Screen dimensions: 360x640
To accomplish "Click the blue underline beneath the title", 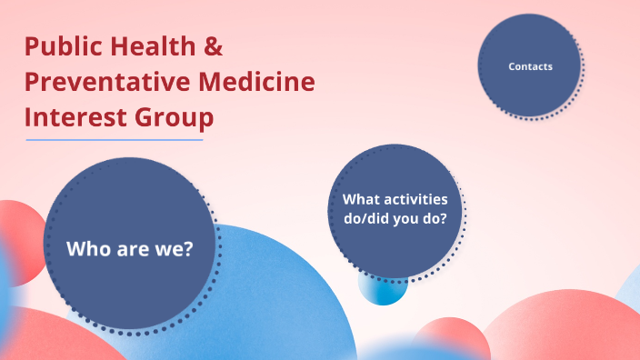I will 115,140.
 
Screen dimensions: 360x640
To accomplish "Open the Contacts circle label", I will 530,66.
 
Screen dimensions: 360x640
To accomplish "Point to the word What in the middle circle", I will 360,198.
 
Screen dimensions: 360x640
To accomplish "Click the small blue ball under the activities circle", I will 382,290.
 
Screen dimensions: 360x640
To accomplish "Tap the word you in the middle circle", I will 403,218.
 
